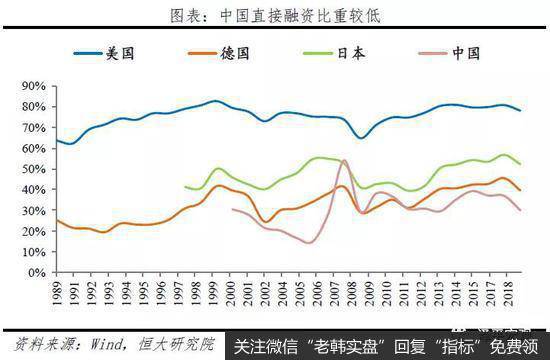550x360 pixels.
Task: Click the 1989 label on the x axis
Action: (x=58, y=291)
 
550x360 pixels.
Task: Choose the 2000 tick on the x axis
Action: (x=231, y=291)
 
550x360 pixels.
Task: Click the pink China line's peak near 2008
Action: (x=345, y=160)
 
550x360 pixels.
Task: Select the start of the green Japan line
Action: (x=185, y=186)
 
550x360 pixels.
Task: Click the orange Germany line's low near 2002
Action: (x=264, y=221)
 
